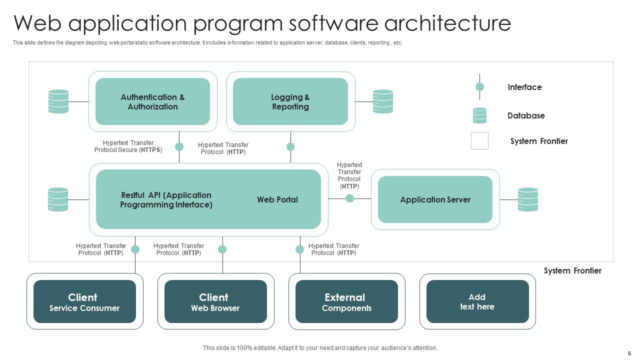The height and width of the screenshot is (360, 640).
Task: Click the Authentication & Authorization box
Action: tap(152, 101)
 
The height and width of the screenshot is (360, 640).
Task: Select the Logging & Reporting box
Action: tap(290, 101)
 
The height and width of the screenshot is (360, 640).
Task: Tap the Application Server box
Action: tap(435, 199)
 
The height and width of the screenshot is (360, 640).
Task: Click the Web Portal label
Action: tap(277, 199)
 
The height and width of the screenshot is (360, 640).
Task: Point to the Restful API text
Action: tap(166, 199)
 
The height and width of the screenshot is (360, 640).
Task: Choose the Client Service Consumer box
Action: tap(84, 301)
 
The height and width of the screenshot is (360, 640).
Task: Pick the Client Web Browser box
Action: tap(215, 301)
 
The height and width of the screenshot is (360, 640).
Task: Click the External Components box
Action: tap(346, 301)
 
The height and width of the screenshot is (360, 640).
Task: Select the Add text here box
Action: tap(477, 301)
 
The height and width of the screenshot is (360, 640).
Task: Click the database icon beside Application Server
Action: tap(528, 199)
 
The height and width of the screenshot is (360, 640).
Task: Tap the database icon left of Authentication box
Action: tap(58, 101)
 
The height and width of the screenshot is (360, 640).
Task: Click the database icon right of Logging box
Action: tap(383, 101)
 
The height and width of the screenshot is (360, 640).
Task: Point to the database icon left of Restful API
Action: tap(58, 199)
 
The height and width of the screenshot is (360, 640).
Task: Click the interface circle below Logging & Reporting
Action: tap(290, 146)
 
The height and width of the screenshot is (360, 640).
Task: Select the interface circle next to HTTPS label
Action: tap(179, 146)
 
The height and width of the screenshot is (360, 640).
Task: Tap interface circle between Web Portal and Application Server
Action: tap(350, 198)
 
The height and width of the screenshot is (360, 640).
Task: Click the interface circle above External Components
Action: tap(300, 249)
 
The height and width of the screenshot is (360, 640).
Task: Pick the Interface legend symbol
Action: tap(479, 87)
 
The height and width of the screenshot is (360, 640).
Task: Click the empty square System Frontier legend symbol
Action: tap(479, 140)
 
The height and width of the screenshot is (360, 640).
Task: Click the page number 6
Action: tap(629, 353)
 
